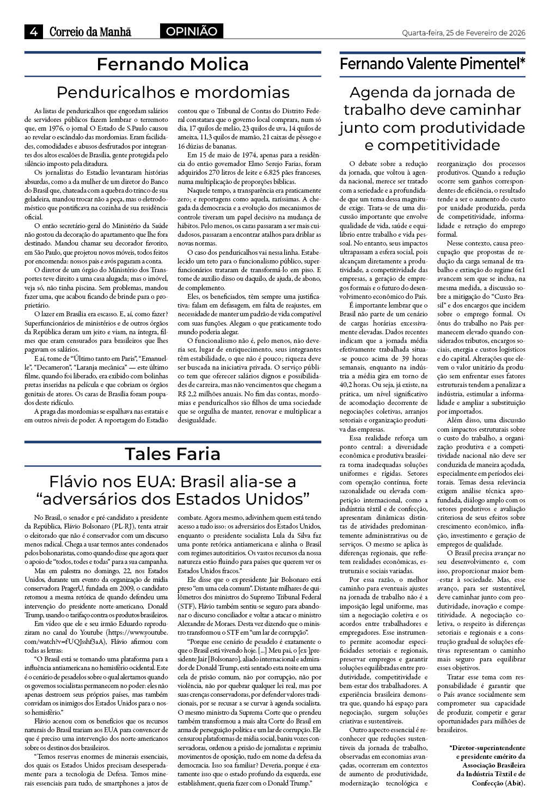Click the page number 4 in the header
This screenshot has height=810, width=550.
coord(33,32)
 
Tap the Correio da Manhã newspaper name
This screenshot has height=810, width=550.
coord(90,32)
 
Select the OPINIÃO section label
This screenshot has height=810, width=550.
coord(191,32)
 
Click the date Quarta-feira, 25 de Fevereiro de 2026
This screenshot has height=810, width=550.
coord(463,33)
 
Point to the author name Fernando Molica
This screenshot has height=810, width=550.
coord(173,64)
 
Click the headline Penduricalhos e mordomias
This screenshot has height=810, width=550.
coord(173,91)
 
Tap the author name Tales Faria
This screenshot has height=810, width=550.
coord(173,453)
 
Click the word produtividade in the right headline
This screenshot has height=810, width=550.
coord(469,127)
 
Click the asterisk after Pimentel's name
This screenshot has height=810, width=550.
coord(522,62)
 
